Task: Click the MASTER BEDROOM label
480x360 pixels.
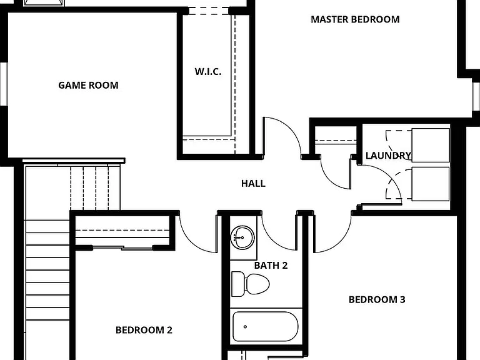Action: [x=355, y=19]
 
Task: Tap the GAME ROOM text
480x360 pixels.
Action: [x=88, y=85]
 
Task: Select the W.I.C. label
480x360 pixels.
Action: [x=208, y=72]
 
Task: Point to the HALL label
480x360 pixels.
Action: [x=253, y=183]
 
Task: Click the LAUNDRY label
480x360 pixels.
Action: [x=388, y=156]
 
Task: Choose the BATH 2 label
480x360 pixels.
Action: [x=271, y=266]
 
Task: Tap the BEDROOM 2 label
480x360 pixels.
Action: [x=144, y=330]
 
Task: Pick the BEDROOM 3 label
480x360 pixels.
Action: [x=377, y=299]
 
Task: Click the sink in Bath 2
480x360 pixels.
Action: [x=242, y=238]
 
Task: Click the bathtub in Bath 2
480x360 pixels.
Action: [x=266, y=327]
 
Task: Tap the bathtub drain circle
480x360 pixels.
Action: [x=245, y=327]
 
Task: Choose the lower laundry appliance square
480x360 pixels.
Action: [x=431, y=184]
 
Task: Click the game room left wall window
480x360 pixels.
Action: [x=3, y=84]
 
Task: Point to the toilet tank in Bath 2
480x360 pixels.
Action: [x=238, y=284]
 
